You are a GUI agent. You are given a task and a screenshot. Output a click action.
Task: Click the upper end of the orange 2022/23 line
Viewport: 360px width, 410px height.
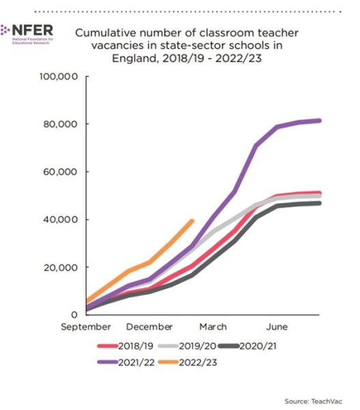(x=192, y=221)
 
